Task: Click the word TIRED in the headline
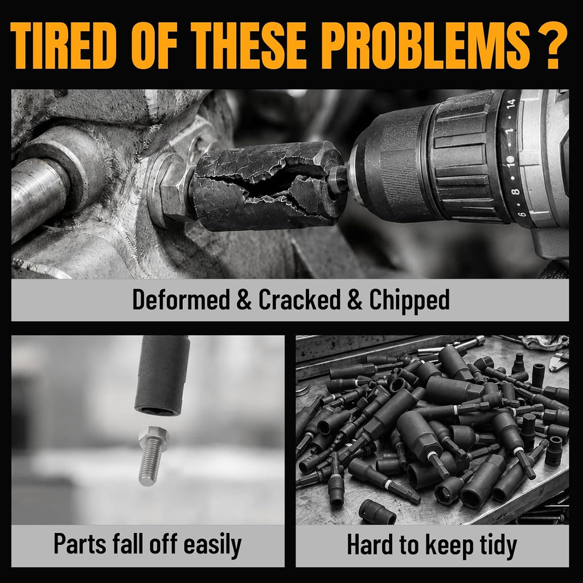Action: (63, 46)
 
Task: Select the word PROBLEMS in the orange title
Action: (426, 46)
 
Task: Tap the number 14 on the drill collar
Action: (512, 104)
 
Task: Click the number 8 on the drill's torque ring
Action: (515, 192)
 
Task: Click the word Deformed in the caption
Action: (181, 300)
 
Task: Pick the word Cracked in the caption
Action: (299, 299)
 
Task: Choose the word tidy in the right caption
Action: (498, 546)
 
